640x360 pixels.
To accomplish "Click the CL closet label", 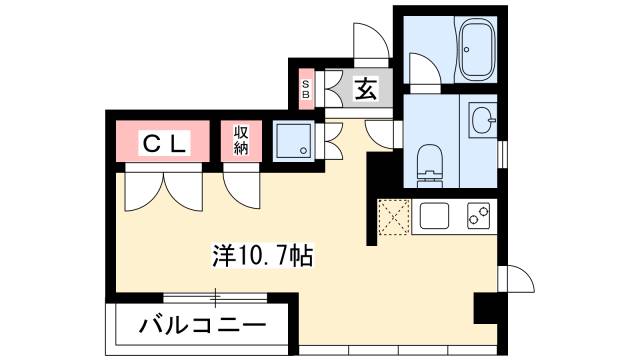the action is pos(163,143).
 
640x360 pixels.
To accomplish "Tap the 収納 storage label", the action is pos(241,140).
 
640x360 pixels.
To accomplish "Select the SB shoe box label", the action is pos(306,89).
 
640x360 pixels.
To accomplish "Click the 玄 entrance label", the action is pos(365,88).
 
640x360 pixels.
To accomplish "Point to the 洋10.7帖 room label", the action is pos(262,256).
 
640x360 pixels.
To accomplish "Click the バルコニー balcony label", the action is pos(202,325).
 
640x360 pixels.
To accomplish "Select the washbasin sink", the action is pos(482,120).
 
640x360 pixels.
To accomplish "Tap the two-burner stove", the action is pos(478,216).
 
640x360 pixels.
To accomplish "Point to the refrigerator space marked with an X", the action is pos(393,217).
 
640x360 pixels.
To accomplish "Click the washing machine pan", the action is pos(293,140).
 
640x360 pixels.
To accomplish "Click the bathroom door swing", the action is pos(425,69).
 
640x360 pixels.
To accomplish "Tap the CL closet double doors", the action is pos(164,191).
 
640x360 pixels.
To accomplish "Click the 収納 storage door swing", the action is pos(242,190).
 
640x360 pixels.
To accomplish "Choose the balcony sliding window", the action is pos(215,297).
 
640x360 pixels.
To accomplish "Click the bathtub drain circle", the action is pos(467,50).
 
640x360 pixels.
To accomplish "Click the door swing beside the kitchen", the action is pos(516,279).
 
